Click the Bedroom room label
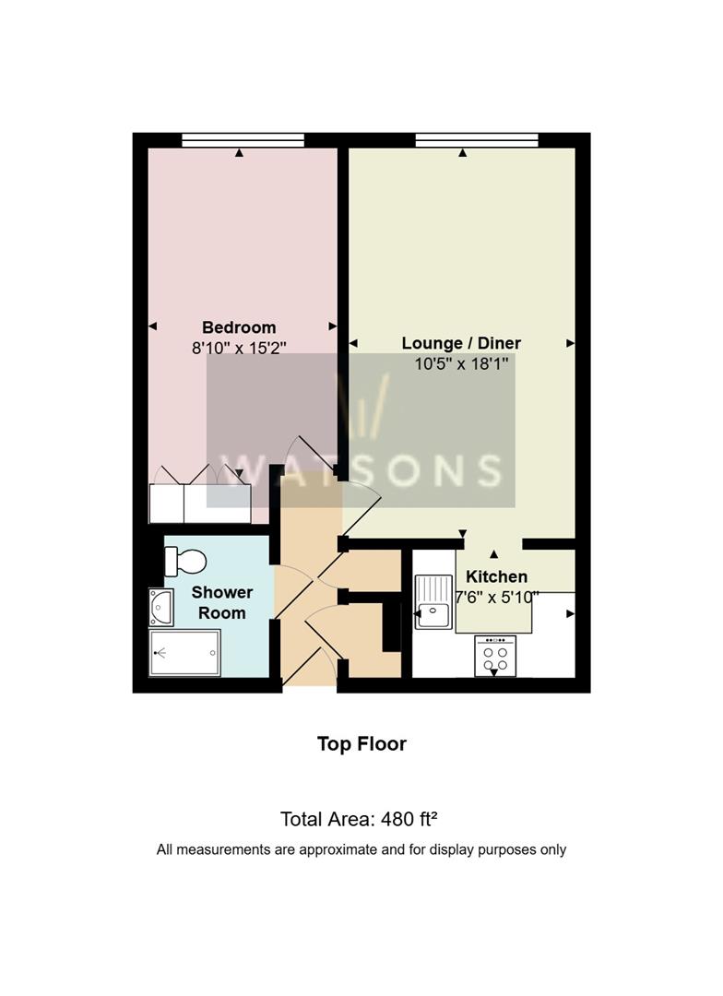(239, 327)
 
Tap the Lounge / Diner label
(461, 343)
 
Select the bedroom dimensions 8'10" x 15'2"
(239, 348)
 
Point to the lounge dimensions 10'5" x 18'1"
(461, 364)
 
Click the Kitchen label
(496, 576)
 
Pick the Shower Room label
(221, 602)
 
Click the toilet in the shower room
(185, 562)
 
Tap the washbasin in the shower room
(161, 607)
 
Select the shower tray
(184, 652)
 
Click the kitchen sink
(433, 601)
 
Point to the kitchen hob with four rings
(495, 657)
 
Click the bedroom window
(243, 140)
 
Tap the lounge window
(477, 140)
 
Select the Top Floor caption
(361, 744)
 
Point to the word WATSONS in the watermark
(361, 470)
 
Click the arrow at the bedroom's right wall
(333, 326)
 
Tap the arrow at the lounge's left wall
(353, 344)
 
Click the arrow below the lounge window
(463, 153)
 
